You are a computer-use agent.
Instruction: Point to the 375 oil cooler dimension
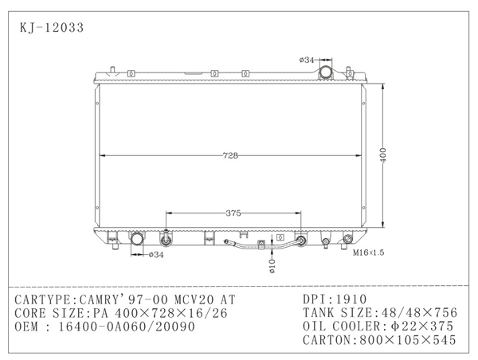233,213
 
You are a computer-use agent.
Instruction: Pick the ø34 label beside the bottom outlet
156,255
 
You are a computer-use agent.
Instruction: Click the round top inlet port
326,73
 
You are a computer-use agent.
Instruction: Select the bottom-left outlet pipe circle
136,239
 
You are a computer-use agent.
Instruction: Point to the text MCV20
196,299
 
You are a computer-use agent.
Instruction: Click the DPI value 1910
355,299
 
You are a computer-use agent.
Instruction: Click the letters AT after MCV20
229,299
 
